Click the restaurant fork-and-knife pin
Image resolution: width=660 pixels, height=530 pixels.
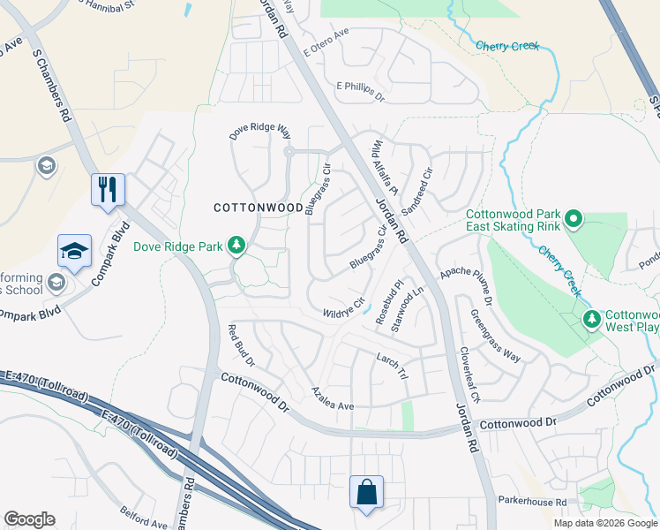pos(108,189)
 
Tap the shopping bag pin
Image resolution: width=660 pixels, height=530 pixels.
pos(366,493)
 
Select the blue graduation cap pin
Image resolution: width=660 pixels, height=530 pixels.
pos(75,252)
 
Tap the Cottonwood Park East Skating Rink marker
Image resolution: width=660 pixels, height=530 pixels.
pos(573,217)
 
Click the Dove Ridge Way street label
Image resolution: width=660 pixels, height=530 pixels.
pos(260,132)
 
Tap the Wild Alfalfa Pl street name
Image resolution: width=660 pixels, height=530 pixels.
pos(386,167)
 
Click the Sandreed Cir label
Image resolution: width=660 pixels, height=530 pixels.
pos(417,192)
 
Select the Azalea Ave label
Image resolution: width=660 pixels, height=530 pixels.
pos(333,398)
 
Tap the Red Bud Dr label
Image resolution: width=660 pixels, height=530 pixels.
pos(241,345)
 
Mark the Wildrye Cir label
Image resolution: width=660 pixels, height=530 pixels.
pos(344,308)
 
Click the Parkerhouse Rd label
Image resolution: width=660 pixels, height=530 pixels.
pos(529,502)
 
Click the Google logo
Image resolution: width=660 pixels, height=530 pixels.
pos(29,519)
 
